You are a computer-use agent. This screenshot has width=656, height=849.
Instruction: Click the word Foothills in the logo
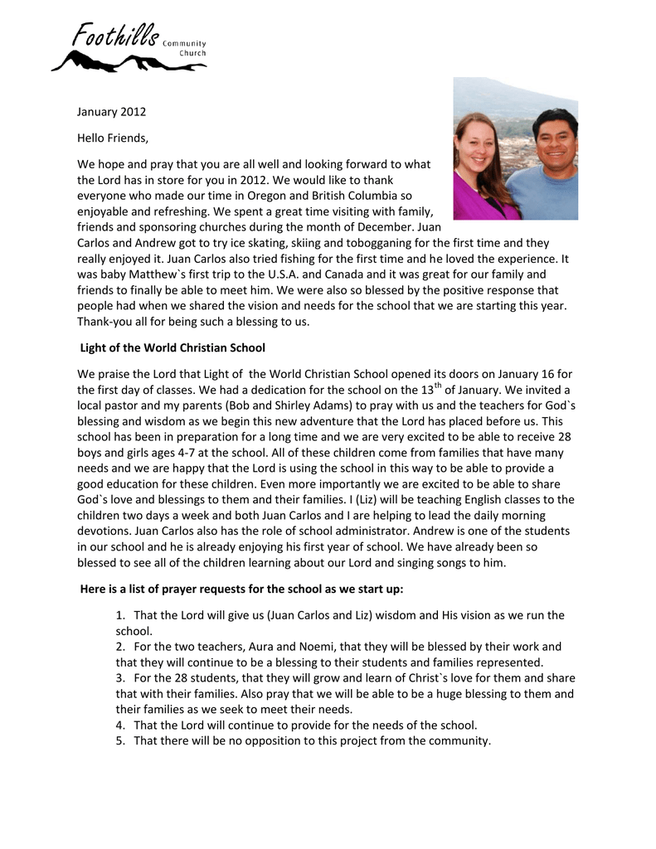115,36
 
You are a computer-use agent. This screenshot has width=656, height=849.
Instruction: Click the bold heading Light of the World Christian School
173,347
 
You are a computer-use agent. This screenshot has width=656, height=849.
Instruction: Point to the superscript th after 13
440,386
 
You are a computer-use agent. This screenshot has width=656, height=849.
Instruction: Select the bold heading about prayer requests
241,589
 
